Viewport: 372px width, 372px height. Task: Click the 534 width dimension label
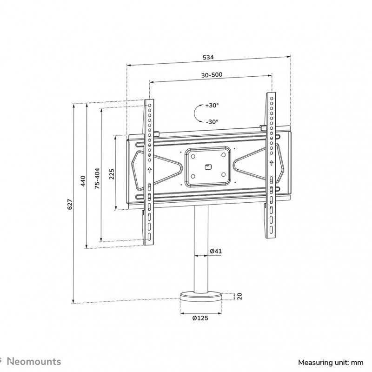click(208, 57)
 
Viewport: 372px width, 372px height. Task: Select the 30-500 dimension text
click(212, 75)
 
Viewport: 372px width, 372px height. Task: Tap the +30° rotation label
click(212, 105)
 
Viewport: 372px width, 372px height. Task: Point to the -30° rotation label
click(212, 122)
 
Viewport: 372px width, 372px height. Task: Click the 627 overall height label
click(70, 204)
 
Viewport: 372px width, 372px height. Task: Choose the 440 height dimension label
click(83, 181)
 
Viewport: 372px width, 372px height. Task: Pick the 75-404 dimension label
click(97, 179)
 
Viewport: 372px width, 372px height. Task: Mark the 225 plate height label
click(112, 174)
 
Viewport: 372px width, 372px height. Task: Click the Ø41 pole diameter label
click(216, 251)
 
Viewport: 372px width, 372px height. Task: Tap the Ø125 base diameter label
click(200, 318)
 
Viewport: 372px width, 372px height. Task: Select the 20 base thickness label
click(239, 296)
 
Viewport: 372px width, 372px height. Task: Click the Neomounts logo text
click(34, 362)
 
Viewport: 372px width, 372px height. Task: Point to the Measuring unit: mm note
click(331, 363)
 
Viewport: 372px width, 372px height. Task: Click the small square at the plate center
click(208, 167)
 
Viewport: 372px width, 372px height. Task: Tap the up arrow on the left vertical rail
click(149, 170)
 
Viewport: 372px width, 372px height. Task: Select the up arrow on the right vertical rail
click(271, 163)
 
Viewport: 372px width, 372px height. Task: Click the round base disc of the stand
click(201, 297)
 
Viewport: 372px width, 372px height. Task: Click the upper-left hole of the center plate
click(193, 157)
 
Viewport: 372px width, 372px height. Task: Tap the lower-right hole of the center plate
click(223, 175)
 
